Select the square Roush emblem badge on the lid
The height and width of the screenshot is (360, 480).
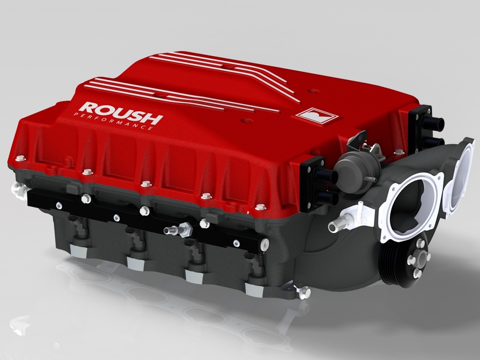click(x=317, y=116)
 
